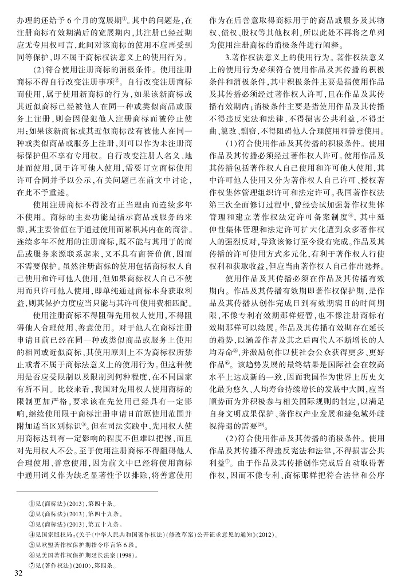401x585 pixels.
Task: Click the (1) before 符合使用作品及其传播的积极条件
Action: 230,143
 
